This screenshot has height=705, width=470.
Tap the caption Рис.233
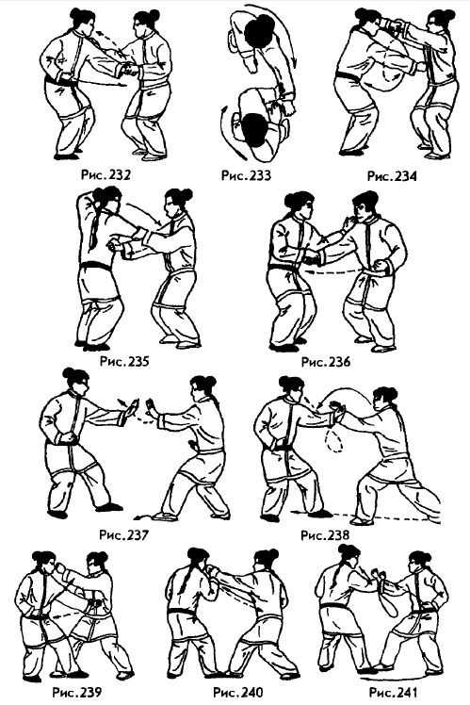tap(246, 174)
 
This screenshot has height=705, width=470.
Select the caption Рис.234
tap(392, 175)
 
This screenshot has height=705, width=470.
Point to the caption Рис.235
tap(124, 361)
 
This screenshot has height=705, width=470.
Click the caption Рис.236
tap(325, 361)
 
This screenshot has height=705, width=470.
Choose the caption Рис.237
tap(123, 535)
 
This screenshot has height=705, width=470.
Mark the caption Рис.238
tap(325, 535)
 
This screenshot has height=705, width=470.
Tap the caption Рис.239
tap(77, 692)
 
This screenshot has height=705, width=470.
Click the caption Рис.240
tap(238, 692)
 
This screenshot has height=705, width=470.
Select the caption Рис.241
tap(393, 692)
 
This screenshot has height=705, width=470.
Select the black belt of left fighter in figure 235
tap(95, 266)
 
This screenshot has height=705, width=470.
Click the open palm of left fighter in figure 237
tap(131, 409)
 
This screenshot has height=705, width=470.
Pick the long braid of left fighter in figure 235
tap(95, 228)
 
